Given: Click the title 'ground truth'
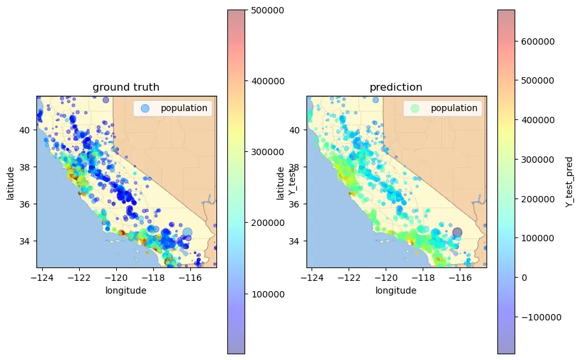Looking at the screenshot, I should tap(126, 87).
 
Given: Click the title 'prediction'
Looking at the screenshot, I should tap(396, 87).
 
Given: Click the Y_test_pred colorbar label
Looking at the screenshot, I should tap(569, 181).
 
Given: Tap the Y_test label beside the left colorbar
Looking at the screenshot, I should tap(292, 182).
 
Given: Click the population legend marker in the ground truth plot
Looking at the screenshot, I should tap(144, 109).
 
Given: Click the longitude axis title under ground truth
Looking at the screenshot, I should tap(126, 290).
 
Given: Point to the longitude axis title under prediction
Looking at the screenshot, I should tap(396, 290).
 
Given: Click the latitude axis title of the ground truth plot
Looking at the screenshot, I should tap(10, 182).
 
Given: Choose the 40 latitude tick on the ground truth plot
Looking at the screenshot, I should tap(26, 130).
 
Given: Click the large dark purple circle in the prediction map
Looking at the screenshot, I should tap(457, 232).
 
